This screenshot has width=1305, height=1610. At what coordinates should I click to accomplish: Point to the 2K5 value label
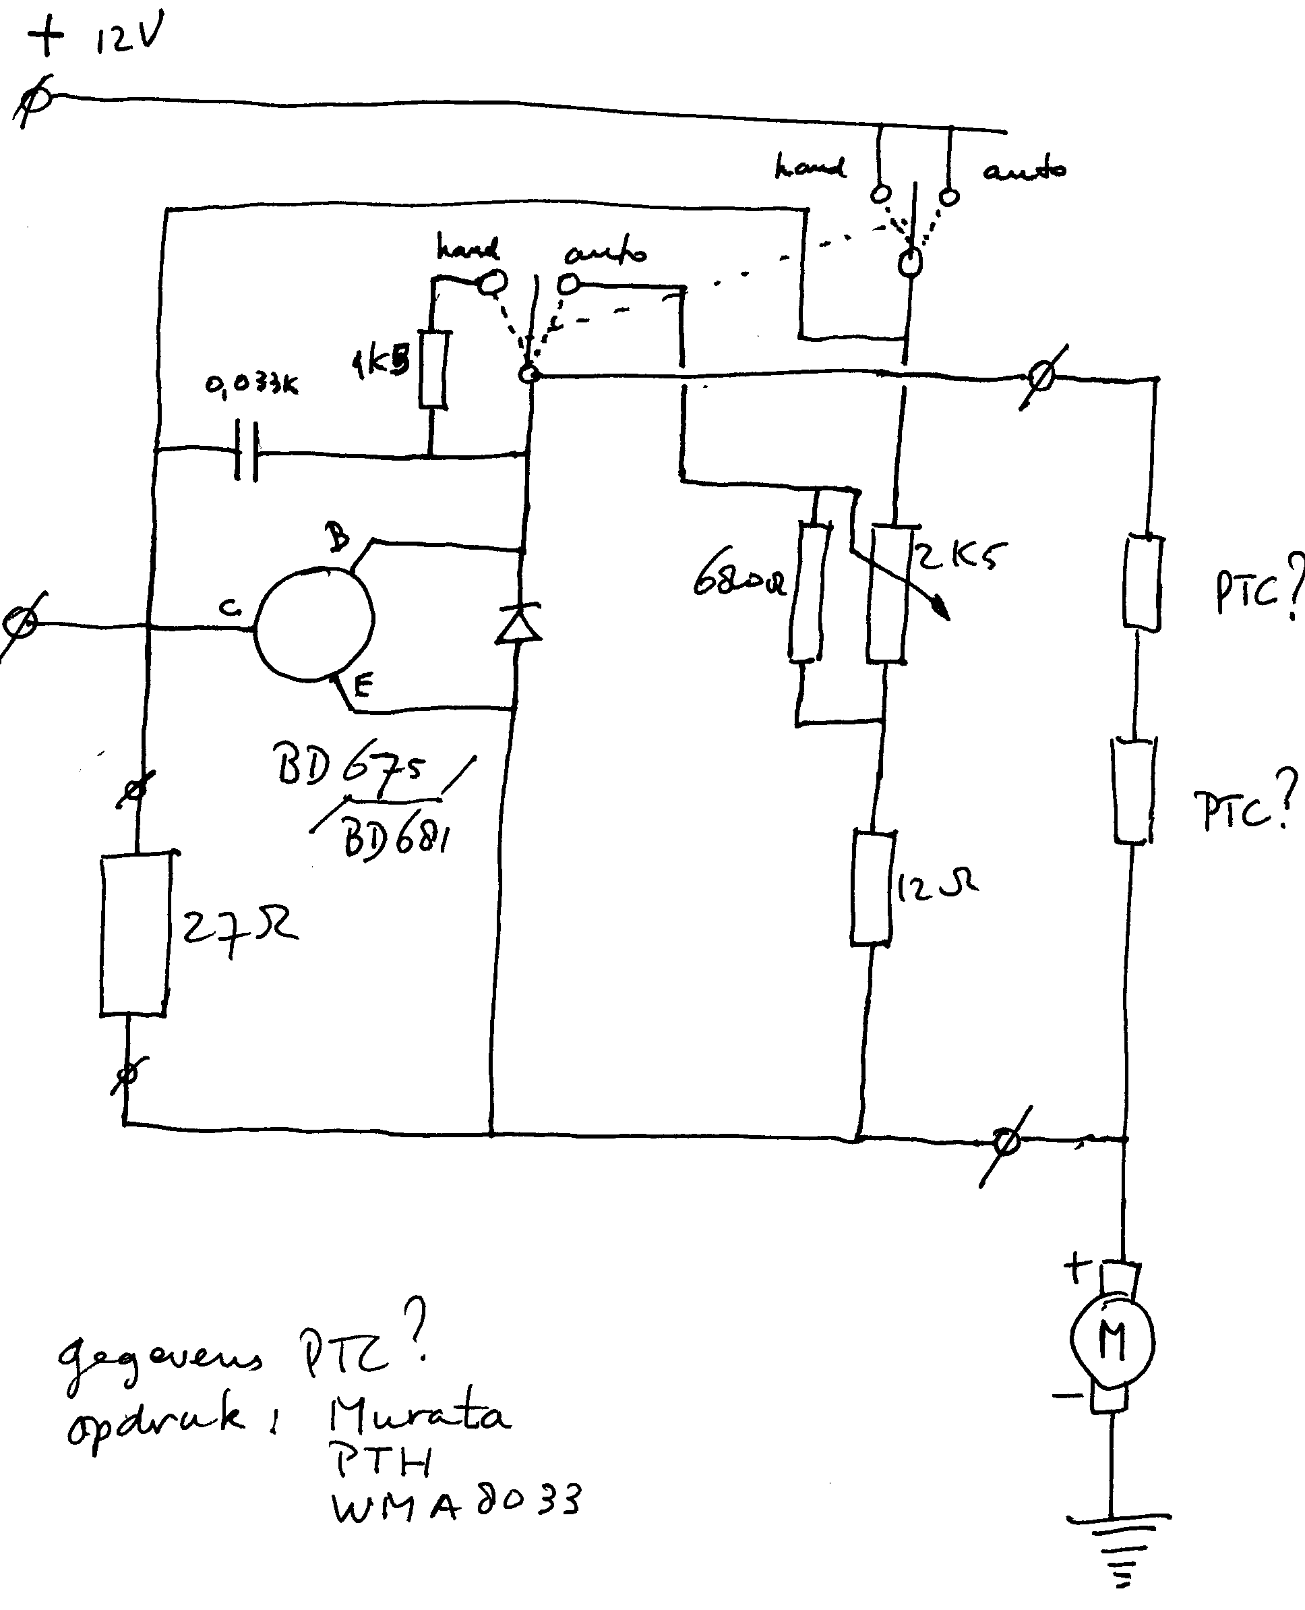[x=959, y=557]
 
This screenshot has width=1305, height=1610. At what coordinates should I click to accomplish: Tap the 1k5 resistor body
[x=433, y=371]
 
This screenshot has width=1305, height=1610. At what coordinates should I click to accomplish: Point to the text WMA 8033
[x=456, y=1504]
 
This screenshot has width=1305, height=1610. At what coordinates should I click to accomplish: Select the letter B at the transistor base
[x=338, y=537]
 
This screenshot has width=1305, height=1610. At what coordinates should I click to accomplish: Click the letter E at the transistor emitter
[x=363, y=685]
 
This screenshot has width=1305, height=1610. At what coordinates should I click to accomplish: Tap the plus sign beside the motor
[x=1076, y=1269]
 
